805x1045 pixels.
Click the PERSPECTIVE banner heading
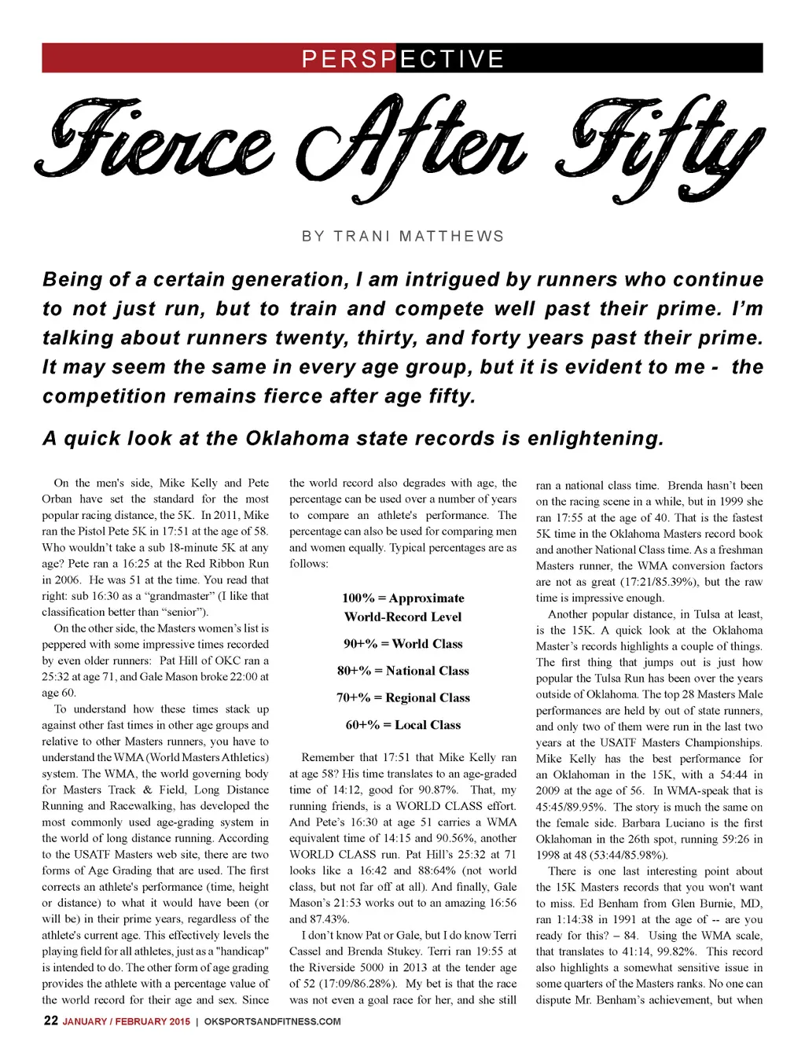point(402,59)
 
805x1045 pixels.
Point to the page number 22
point(50,1021)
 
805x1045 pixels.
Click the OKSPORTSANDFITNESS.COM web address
point(272,1021)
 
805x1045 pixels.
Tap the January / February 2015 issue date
point(127,1021)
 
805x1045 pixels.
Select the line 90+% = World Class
point(402,644)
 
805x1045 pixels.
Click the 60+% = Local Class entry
point(402,725)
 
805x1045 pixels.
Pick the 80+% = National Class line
point(402,671)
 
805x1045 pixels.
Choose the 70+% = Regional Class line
point(402,697)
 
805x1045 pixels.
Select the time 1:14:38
point(575,919)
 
